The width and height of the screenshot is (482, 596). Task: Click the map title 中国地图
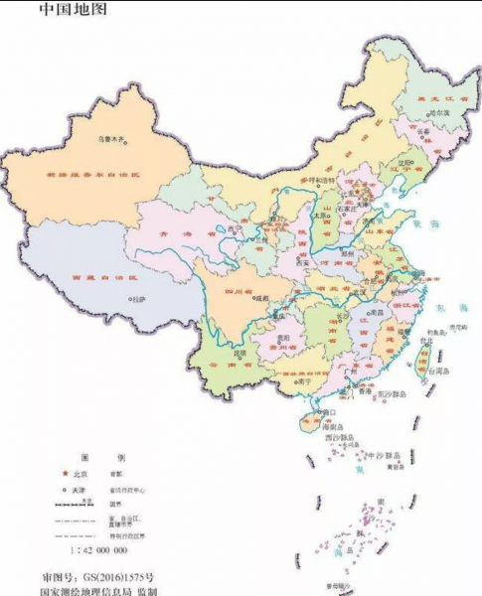75,11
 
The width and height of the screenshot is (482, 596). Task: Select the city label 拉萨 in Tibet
138,298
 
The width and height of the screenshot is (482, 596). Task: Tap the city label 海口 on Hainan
329,410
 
